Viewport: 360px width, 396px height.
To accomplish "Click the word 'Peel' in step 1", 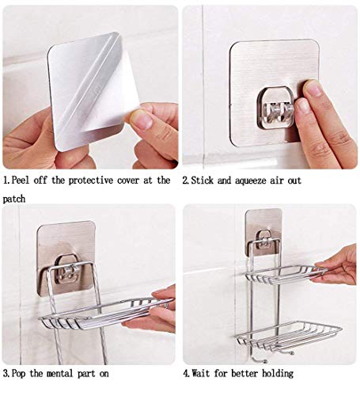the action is click(x=21, y=181).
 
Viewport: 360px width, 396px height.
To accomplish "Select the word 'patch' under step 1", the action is click(x=14, y=199).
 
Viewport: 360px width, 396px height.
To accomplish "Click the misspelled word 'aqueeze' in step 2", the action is click(x=251, y=181).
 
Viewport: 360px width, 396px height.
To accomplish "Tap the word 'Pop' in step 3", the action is click(x=19, y=374).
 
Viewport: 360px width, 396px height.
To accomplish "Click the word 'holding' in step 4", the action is click(x=278, y=375).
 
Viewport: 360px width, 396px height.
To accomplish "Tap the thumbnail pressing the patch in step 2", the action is click(x=313, y=89).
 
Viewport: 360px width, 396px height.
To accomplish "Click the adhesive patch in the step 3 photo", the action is click(x=66, y=257).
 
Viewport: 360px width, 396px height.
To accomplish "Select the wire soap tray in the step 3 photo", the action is click(x=105, y=314).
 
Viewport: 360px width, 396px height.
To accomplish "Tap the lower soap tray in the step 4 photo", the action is click(x=288, y=335).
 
